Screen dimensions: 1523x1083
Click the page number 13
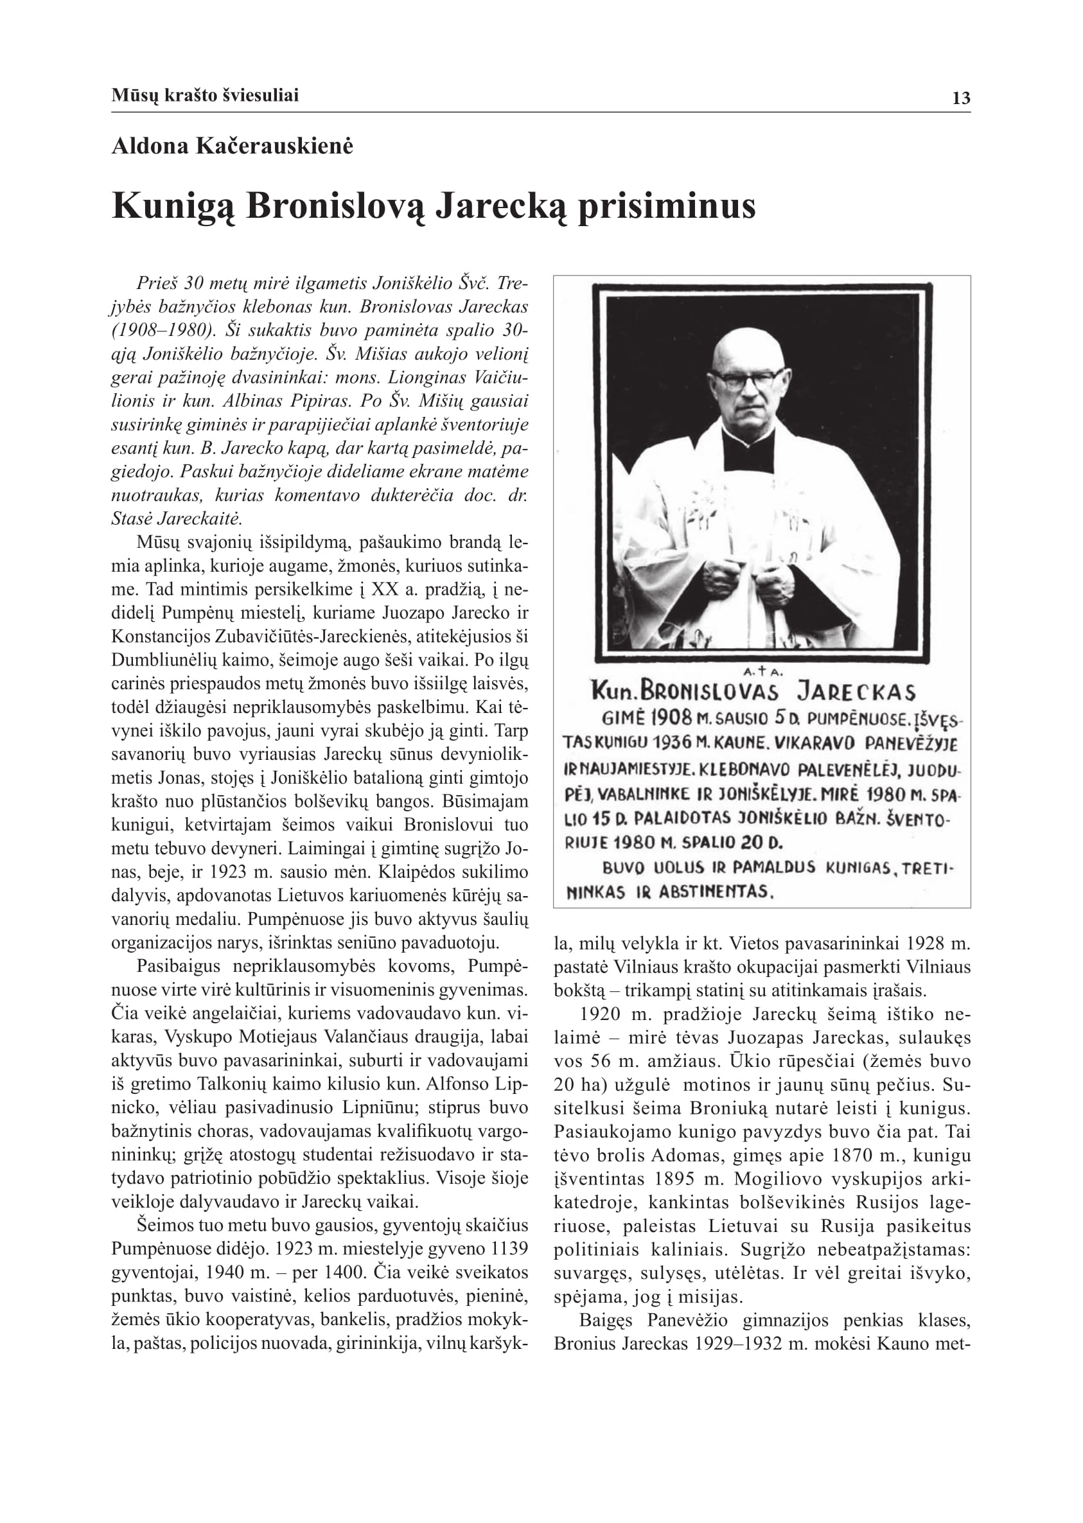(961, 99)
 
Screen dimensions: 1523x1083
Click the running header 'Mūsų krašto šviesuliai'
(205, 95)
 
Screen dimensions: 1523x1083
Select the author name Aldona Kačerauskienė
(232, 146)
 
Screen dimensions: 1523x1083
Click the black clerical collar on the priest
(749, 448)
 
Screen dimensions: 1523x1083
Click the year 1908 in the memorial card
(671, 718)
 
